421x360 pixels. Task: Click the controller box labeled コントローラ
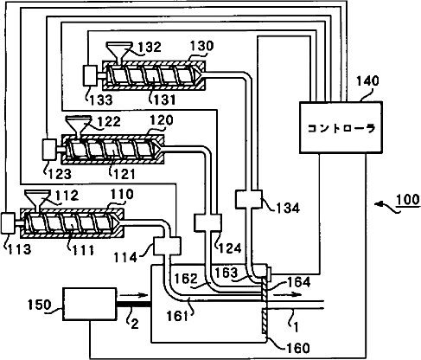click(341, 127)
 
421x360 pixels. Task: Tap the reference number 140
click(367, 81)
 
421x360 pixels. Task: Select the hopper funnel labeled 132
click(119, 52)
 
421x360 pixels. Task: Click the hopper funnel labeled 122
click(79, 125)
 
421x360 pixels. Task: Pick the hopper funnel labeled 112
click(38, 200)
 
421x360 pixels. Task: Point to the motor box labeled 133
click(90, 75)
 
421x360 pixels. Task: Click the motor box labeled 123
click(49, 150)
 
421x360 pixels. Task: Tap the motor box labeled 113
click(8, 223)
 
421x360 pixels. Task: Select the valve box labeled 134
click(249, 199)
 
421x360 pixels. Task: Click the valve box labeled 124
click(207, 222)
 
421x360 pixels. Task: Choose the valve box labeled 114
click(167, 246)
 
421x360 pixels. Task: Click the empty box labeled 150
click(90, 304)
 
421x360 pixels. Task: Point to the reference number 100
click(407, 200)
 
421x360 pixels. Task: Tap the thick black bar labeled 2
click(134, 304)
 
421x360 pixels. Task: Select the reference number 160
click(298, 348)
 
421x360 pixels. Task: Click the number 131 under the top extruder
click(164, 100)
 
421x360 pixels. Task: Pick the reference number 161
click(177, 316)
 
